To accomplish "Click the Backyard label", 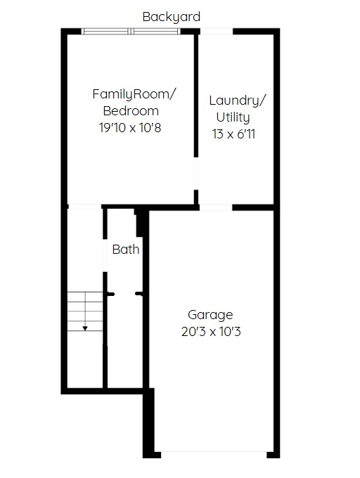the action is point(172,17).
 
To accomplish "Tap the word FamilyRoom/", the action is point(134,94).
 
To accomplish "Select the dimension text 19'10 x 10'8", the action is point(130,127).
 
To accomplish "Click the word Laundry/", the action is point(238,101).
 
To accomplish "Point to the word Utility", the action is point(233,117).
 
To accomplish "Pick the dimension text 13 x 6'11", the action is point(233,134).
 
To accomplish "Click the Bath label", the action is point(126,250).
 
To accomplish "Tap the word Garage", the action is point(210,315).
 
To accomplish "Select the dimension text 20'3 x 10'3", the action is point(211,331).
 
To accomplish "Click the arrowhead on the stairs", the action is point(85,328).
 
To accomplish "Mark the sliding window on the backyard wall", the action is point(131,31).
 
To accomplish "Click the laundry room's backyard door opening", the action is point(217,31).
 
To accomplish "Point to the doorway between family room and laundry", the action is point(196,174).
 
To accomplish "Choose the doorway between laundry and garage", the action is point(216,207).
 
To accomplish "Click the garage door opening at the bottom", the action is point(214,455).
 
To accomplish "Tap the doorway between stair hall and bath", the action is point(105,255).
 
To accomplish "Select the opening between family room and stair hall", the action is point(84,207).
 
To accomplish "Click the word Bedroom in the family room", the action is point(131,111).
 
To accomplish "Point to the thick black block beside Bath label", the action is point(140,223).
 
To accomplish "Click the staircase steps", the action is point(85,311).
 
